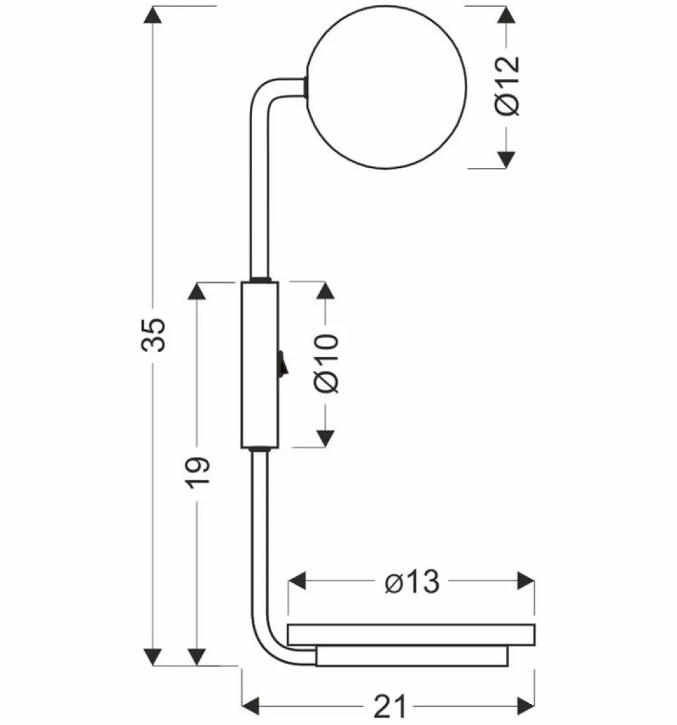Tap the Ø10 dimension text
[326, 364]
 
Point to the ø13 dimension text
[412, 581]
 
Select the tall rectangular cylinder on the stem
[259, 366]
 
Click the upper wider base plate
[412, 634]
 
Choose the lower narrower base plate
[412, 656]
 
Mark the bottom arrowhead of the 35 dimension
[154, 655]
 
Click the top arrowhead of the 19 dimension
[197, 292]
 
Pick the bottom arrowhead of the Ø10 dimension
[326, 437]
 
